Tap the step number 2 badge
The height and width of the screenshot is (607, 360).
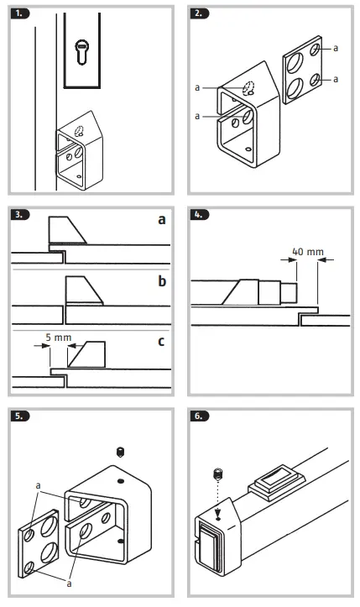200,13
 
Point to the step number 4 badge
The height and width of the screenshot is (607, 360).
200,215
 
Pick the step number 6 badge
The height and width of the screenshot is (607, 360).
200,416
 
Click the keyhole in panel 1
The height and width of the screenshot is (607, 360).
81,51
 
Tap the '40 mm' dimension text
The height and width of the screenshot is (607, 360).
308,252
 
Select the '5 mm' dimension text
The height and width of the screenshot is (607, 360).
59,338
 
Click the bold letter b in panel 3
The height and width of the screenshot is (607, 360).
162,281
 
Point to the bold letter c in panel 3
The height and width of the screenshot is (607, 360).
161,342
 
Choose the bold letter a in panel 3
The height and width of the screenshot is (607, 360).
162,220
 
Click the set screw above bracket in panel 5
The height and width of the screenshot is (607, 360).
121,452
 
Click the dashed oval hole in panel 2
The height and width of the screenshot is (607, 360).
248,88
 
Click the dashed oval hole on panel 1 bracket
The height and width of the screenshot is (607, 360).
81,131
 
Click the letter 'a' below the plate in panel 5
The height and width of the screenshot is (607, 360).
70,583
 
